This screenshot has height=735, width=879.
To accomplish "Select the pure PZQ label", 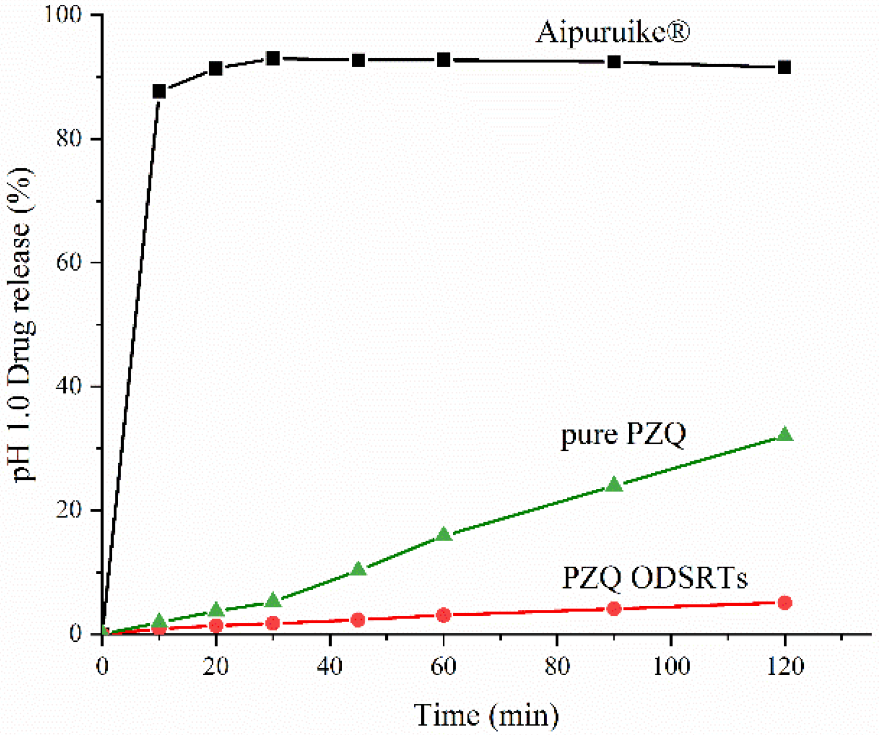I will tap(623, 435).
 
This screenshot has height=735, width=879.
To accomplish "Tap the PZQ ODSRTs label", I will tap(654, 578).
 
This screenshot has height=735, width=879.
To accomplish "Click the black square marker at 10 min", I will tap(159, 92).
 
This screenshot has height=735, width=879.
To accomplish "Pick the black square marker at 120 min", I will tap(784, 67).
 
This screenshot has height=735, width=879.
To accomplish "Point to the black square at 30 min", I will tap(273, 58).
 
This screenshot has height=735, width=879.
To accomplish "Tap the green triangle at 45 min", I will tap(358, 570).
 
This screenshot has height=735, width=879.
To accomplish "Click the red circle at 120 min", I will tap(785, 603).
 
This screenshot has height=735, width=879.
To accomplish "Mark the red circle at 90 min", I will tap(614, 608).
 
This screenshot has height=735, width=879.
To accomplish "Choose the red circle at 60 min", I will tap(443, 615).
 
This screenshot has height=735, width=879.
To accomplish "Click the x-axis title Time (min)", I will tap(486, 715).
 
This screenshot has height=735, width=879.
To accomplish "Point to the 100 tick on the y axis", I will tap(62, 14).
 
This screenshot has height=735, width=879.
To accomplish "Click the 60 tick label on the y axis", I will tap(69, 262).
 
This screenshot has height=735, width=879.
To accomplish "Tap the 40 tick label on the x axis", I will tap(330, 666).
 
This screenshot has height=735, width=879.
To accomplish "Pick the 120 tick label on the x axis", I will tap(785, 666).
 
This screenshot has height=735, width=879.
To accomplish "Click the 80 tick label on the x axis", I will tap(557, 666).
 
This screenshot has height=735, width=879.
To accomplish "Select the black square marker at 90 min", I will tap(614, 62).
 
